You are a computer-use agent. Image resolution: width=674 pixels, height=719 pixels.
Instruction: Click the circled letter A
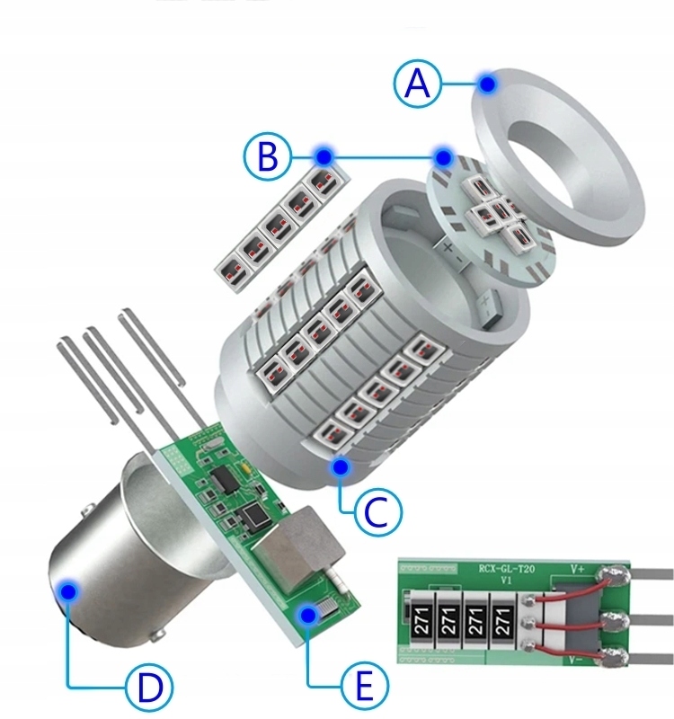coord(416,84)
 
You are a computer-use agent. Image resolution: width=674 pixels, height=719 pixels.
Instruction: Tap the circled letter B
coord(265,158)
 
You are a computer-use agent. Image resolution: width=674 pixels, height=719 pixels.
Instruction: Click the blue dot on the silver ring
coord(487,84)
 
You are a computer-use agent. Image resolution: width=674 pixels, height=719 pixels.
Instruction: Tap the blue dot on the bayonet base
coord(67,590)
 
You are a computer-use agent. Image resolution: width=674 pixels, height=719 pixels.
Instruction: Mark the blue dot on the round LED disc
coord(443,157)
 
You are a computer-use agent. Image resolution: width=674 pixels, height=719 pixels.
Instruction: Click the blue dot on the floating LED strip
coord(324,157)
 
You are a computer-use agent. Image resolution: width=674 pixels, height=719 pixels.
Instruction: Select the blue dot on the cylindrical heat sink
coord(340,466)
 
